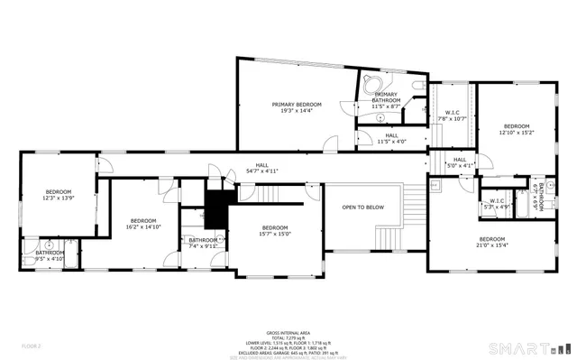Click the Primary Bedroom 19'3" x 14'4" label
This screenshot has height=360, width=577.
(x=297, y=107)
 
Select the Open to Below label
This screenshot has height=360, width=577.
(x=362, y=208)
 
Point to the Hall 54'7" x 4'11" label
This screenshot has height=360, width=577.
(x=262, y=167)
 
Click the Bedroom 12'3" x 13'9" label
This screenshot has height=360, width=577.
(x=58, y=194)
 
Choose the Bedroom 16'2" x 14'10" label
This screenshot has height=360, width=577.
(x=143, y=224)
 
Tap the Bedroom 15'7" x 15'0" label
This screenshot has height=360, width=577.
(x=275, y=230)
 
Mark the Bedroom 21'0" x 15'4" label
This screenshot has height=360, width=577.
(x=493, y=242)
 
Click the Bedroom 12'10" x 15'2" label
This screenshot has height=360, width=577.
(x=517, y=129)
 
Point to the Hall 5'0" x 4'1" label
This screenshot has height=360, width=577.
(x=460, y=162)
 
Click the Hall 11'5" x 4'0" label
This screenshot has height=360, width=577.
(x=386, y=138)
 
